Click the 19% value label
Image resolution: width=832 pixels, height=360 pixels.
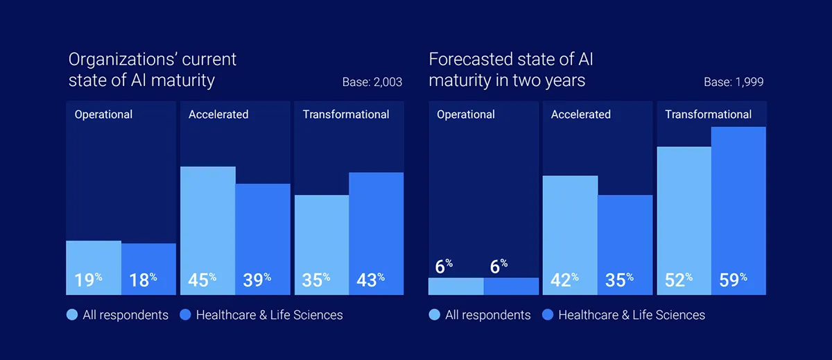(89, 280)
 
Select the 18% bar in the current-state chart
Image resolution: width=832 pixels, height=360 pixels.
(148, 269)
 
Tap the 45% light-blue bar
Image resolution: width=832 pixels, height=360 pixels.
(207, 231)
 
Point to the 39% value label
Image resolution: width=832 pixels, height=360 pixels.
(257, 280)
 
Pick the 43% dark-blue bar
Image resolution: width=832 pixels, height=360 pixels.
(376, 234)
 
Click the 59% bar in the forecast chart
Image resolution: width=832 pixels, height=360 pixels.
(738, 211)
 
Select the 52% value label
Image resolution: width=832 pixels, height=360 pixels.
(679, 280)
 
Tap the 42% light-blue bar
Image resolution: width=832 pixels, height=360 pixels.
(570, 235)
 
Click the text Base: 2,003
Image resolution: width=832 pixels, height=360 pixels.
(372, 82)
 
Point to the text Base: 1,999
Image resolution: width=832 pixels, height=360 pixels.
(734, 82)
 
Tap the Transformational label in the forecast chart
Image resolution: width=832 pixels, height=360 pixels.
(709, 114)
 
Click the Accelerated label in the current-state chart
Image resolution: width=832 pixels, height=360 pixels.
(218, 114)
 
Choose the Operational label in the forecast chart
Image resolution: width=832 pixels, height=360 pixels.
(466, 114)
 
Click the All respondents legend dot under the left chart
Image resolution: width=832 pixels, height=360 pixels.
(72, 315)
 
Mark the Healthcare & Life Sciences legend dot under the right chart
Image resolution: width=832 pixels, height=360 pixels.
(548, 315)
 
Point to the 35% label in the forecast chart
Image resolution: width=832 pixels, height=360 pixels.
(619, 280)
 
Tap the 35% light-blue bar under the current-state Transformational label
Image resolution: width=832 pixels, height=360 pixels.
(322, 245)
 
